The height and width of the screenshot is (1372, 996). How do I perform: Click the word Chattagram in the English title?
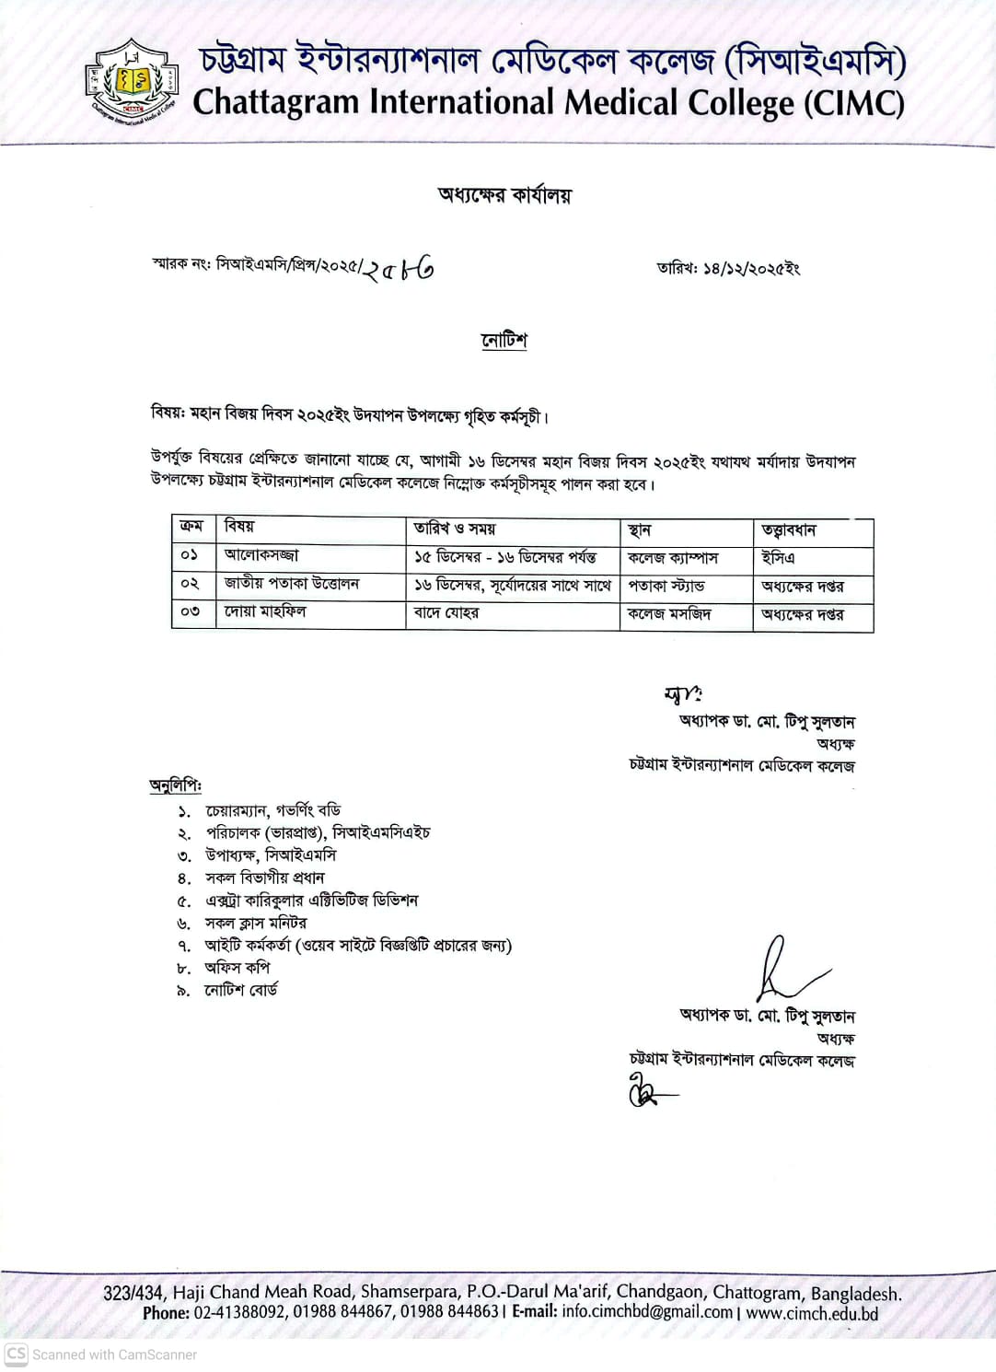[275, 102]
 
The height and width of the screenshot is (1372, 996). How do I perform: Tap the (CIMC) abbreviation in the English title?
[853, 102]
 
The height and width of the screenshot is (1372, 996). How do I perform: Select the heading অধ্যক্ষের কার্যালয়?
[504, 194]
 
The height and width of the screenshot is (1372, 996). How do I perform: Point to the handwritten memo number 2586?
[398, 269]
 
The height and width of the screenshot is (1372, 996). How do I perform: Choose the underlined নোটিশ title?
[504, 341]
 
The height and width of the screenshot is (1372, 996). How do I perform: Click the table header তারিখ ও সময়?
[455, 529]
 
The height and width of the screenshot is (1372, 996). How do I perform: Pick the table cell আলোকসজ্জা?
[261, 555]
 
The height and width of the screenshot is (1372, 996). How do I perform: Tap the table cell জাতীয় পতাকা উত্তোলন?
[292, 584]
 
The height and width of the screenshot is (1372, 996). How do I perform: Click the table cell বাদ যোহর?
[446, 613]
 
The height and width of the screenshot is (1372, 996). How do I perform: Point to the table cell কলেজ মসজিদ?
[669, 614]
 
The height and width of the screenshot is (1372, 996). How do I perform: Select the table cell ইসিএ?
[778, 558]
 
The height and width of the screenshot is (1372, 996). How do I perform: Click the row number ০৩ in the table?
[191, 611]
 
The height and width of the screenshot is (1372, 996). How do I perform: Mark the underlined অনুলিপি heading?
[175, 785]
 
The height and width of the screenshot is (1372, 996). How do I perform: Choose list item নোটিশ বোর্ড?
[241, 991]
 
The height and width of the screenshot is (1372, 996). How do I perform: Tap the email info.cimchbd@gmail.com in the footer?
[647, 1312]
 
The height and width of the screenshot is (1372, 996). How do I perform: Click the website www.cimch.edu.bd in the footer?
[812, 1313]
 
